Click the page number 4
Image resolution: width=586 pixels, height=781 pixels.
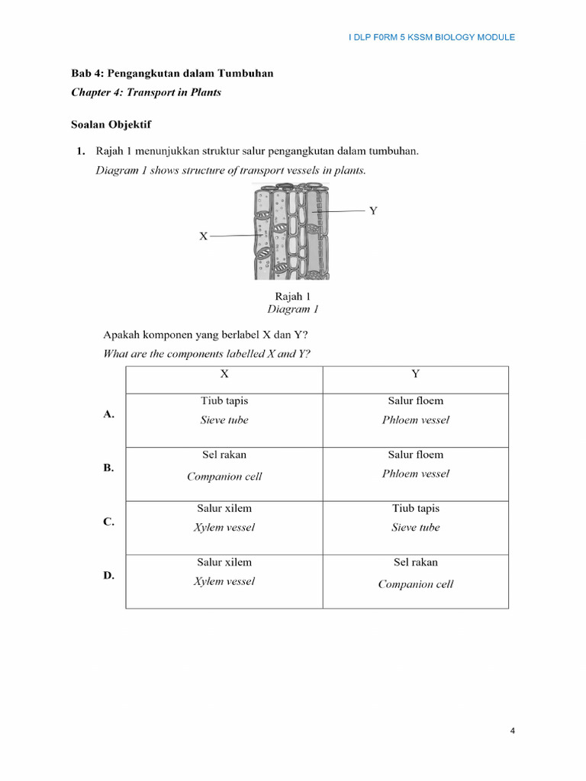click(x=513, y=731)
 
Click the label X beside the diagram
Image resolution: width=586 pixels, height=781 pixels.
click(x=203, y=236)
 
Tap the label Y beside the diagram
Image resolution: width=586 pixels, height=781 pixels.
click(x=373, y=211)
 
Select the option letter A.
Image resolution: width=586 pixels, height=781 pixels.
click(x=108, y=414)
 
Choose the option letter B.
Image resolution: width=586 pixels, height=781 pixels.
click(x=108, y=468)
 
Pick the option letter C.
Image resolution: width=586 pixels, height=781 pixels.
click(x=108, y=522)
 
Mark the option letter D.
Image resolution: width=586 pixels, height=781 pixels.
click(x=108, y=575)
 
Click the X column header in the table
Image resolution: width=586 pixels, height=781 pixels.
click(x=224, y=374)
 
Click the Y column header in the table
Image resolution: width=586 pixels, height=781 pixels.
click(x=415, y=374)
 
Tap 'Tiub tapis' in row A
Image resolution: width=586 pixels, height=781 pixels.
click(x=224, y=400)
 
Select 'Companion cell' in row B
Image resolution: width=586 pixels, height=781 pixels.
click(x=224, y=477)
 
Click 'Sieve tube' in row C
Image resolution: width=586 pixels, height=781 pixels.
click(x=415, y=527)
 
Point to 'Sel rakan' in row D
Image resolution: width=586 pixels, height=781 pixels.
click(x=415, y=562)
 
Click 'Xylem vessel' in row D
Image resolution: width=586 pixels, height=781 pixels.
click(x=224, y=581)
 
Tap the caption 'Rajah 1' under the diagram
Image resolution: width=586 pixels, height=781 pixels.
click(x=292, y=297)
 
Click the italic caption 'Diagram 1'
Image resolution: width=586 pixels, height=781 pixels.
click(x=292, y=310)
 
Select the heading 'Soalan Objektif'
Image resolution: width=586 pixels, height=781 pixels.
click(x=111, y=124)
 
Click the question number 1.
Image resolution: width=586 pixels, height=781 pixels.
click(x=80, y=151)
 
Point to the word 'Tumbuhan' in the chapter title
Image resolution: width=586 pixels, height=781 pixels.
click(x=246, y=73)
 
